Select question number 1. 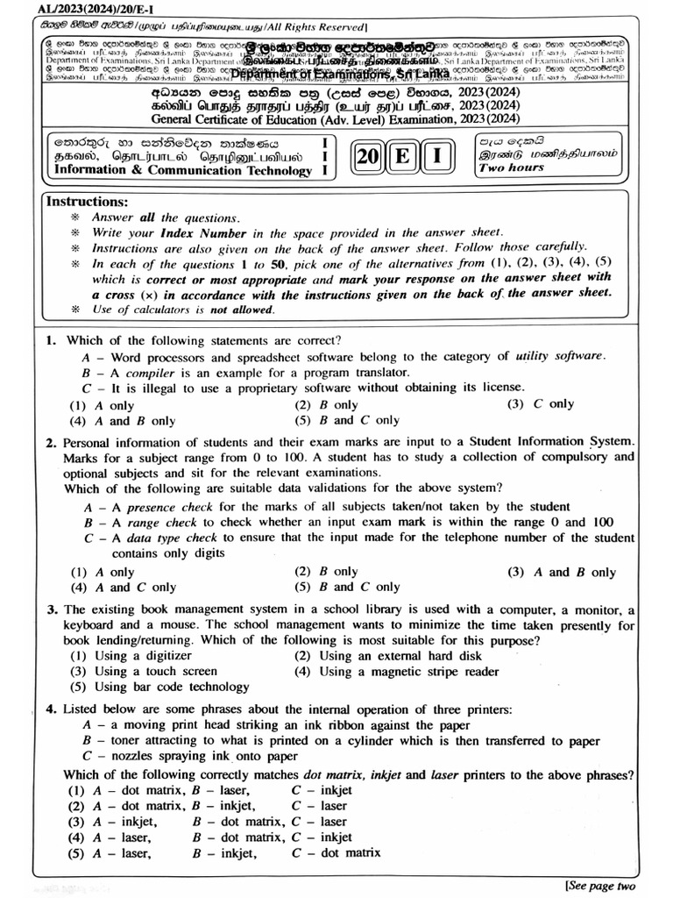coord(51,340)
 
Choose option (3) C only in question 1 coord(541,404)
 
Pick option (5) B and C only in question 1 coord(335,421)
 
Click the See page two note coord(600,886)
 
